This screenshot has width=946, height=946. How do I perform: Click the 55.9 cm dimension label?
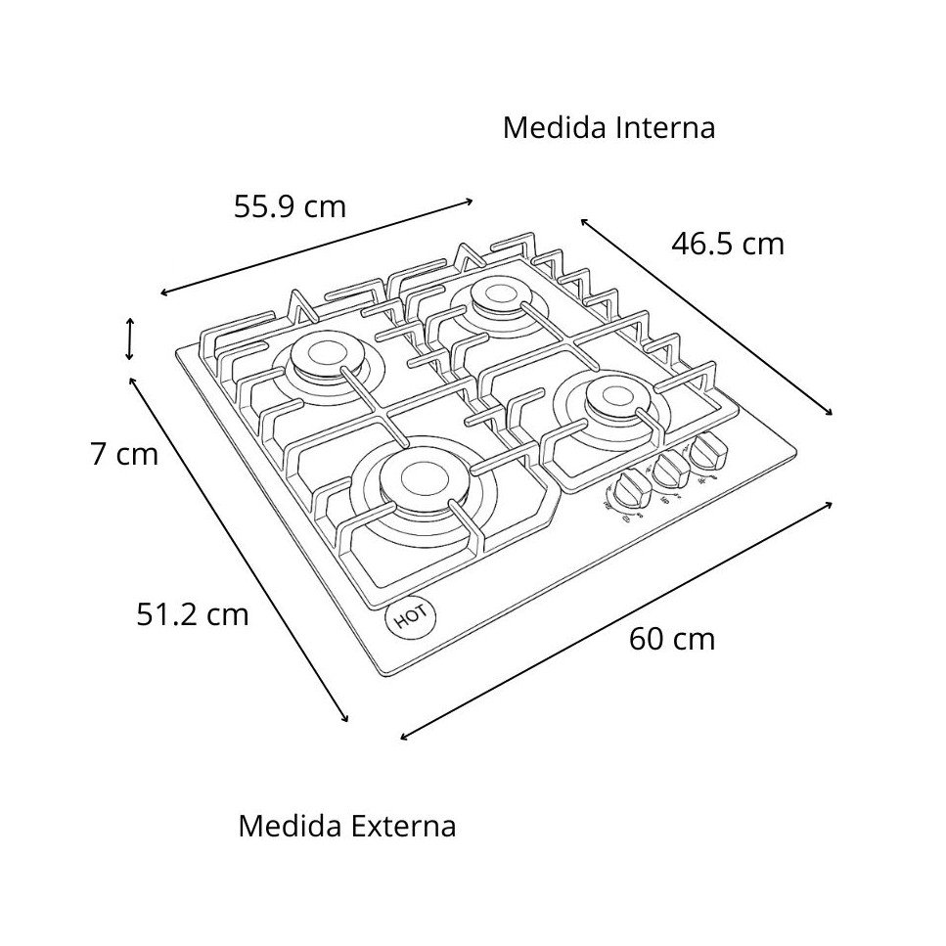(290, 206)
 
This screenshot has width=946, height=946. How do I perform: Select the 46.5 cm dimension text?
(728, 244)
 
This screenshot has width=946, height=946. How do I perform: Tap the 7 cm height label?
(124, 455)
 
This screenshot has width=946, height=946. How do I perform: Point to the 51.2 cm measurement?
(193, 614)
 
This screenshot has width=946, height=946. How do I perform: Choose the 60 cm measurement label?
(672, 639)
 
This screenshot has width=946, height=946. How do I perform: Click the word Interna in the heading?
(665, 128)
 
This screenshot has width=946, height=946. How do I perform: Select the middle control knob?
(670, 470)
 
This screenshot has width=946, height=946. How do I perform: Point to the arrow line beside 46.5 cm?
(706, 317)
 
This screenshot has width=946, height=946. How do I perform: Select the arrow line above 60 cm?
(616, 620)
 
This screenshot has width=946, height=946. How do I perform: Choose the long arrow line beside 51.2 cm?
(239, 549)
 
